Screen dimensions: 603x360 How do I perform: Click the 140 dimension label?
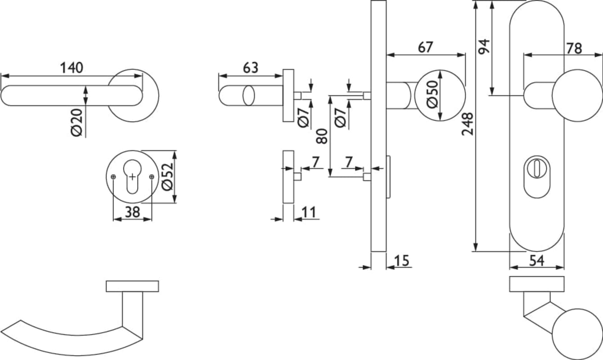point(72,68)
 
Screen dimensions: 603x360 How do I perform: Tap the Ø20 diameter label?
point(76,122)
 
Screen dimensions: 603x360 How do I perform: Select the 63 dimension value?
point(251,68)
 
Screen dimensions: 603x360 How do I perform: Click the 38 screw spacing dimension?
point(132,212)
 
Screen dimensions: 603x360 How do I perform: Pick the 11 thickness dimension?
point(309,212)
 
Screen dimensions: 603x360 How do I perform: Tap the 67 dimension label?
point(425,47)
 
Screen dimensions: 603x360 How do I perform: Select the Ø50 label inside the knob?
point(432,94)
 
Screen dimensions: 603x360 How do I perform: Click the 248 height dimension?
point(467,124)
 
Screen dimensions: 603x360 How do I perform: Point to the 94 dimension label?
point(484,47)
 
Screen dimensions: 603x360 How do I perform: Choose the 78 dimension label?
point(574,49)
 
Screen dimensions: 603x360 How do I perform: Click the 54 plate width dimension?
point(537,261)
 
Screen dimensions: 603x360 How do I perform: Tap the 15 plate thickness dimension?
point(402,261)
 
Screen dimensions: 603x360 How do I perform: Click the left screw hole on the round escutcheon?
point(113,177)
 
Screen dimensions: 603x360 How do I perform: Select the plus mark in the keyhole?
point(132,177)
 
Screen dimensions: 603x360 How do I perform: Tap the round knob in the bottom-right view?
point(577,334)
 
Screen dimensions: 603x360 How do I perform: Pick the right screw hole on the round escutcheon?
point(152,177)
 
